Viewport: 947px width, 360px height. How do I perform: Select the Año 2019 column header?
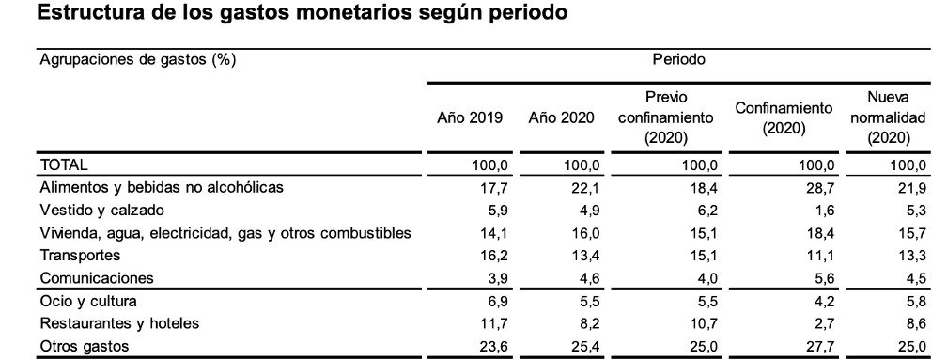pos(470,117)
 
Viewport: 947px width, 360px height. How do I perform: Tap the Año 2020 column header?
pos(561,117)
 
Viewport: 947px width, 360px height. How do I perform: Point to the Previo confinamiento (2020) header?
pos(666,117)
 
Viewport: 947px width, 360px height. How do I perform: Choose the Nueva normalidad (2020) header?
pos(888,117)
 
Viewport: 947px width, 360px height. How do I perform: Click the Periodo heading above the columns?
pos(679,60)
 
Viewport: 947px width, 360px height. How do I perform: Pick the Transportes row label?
pos(81,256)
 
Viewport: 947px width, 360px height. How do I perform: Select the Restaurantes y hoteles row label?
pos(119,323)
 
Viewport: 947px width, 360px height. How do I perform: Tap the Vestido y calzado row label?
pos(101,211)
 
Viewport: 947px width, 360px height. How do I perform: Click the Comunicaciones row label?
pos(97,278)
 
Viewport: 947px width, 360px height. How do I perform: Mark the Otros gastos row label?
pos(84,346)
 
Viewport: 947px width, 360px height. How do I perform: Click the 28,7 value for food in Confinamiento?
pos(821,188)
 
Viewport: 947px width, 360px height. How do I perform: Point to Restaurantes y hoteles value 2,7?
pos(825,323)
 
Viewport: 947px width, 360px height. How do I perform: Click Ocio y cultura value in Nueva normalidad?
pos(916,301)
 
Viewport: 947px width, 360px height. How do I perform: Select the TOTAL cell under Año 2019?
pos(489,164)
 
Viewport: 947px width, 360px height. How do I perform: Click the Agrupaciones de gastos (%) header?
pos(137,60)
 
